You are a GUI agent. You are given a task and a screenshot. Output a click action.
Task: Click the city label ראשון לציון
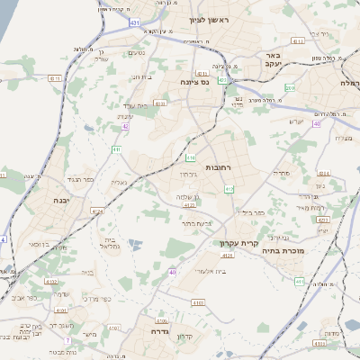tap(210, 20)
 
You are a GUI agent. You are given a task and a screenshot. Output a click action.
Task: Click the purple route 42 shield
tap(125, 127)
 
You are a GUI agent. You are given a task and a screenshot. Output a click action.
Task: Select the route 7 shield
tap(67, 339)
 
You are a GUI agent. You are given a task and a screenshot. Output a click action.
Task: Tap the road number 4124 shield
tap(97, 211)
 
